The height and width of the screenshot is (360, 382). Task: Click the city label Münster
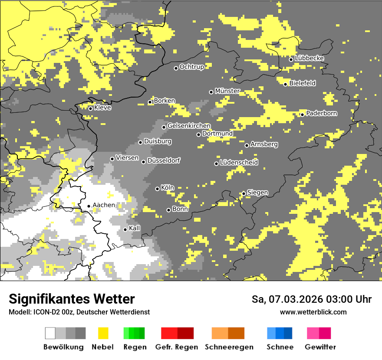point(227,91)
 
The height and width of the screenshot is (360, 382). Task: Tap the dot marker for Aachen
point(89,206)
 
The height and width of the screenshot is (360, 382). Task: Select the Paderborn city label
point(322,113)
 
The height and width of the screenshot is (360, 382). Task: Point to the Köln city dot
point(157,189)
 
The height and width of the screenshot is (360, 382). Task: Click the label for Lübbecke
point(310,58)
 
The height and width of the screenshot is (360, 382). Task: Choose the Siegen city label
point(258,193)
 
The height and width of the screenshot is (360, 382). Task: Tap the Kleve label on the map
point(103,108)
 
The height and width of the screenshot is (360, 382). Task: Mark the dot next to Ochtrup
point(176,68)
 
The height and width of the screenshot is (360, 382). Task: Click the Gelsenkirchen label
point(189,126)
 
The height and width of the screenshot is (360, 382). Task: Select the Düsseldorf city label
point(164,160)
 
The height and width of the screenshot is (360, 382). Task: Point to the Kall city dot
point(125,229)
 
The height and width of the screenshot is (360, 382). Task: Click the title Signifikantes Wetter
point(72,299)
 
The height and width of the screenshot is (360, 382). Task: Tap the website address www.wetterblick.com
point(313,312)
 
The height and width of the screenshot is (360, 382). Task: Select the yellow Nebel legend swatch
point(103,334)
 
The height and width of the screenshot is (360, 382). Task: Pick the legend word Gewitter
point(320,347)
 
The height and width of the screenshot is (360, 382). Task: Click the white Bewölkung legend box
point(50,334)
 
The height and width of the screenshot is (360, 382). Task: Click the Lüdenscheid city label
point(239,162)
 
